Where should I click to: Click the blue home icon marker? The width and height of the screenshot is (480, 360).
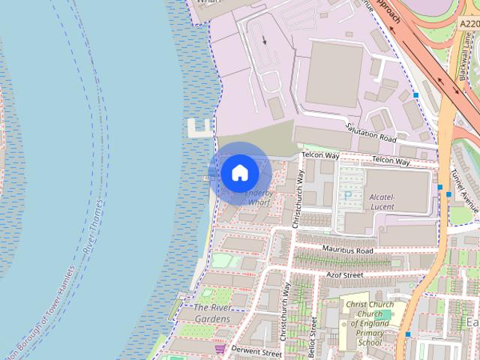(239, 173)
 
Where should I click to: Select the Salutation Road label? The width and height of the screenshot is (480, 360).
(370, 133)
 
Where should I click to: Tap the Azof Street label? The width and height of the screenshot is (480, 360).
(343, 275)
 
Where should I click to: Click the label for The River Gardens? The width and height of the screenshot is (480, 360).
(211, 313)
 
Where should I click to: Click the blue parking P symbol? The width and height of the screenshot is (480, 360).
(346, 195)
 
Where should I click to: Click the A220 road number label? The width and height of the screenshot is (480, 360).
(467, 24)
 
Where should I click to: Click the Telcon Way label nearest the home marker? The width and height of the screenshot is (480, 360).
(321, 155)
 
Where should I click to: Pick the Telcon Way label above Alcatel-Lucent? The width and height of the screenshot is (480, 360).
(391, 161)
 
